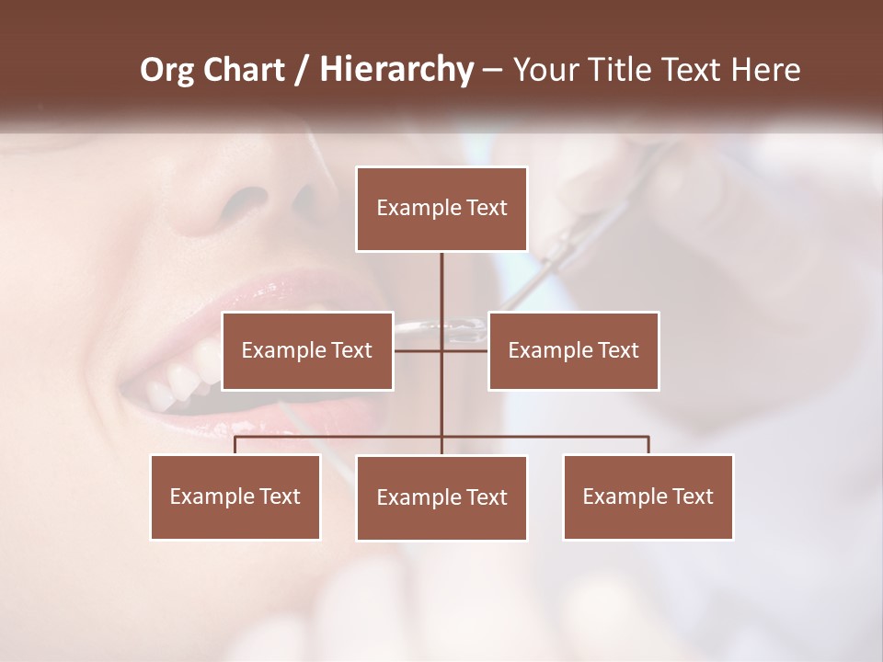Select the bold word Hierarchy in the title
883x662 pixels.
[396, 70]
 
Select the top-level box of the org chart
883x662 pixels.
[441, 209]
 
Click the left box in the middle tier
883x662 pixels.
[307, 350]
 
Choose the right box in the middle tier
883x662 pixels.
[573, 350]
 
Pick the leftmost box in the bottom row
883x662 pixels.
[235, 496]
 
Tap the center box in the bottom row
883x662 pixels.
[441, 497]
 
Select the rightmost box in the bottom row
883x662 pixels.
[648, 496]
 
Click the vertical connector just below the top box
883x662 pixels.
[441, 276]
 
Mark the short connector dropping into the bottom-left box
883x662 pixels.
[235, 445]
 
